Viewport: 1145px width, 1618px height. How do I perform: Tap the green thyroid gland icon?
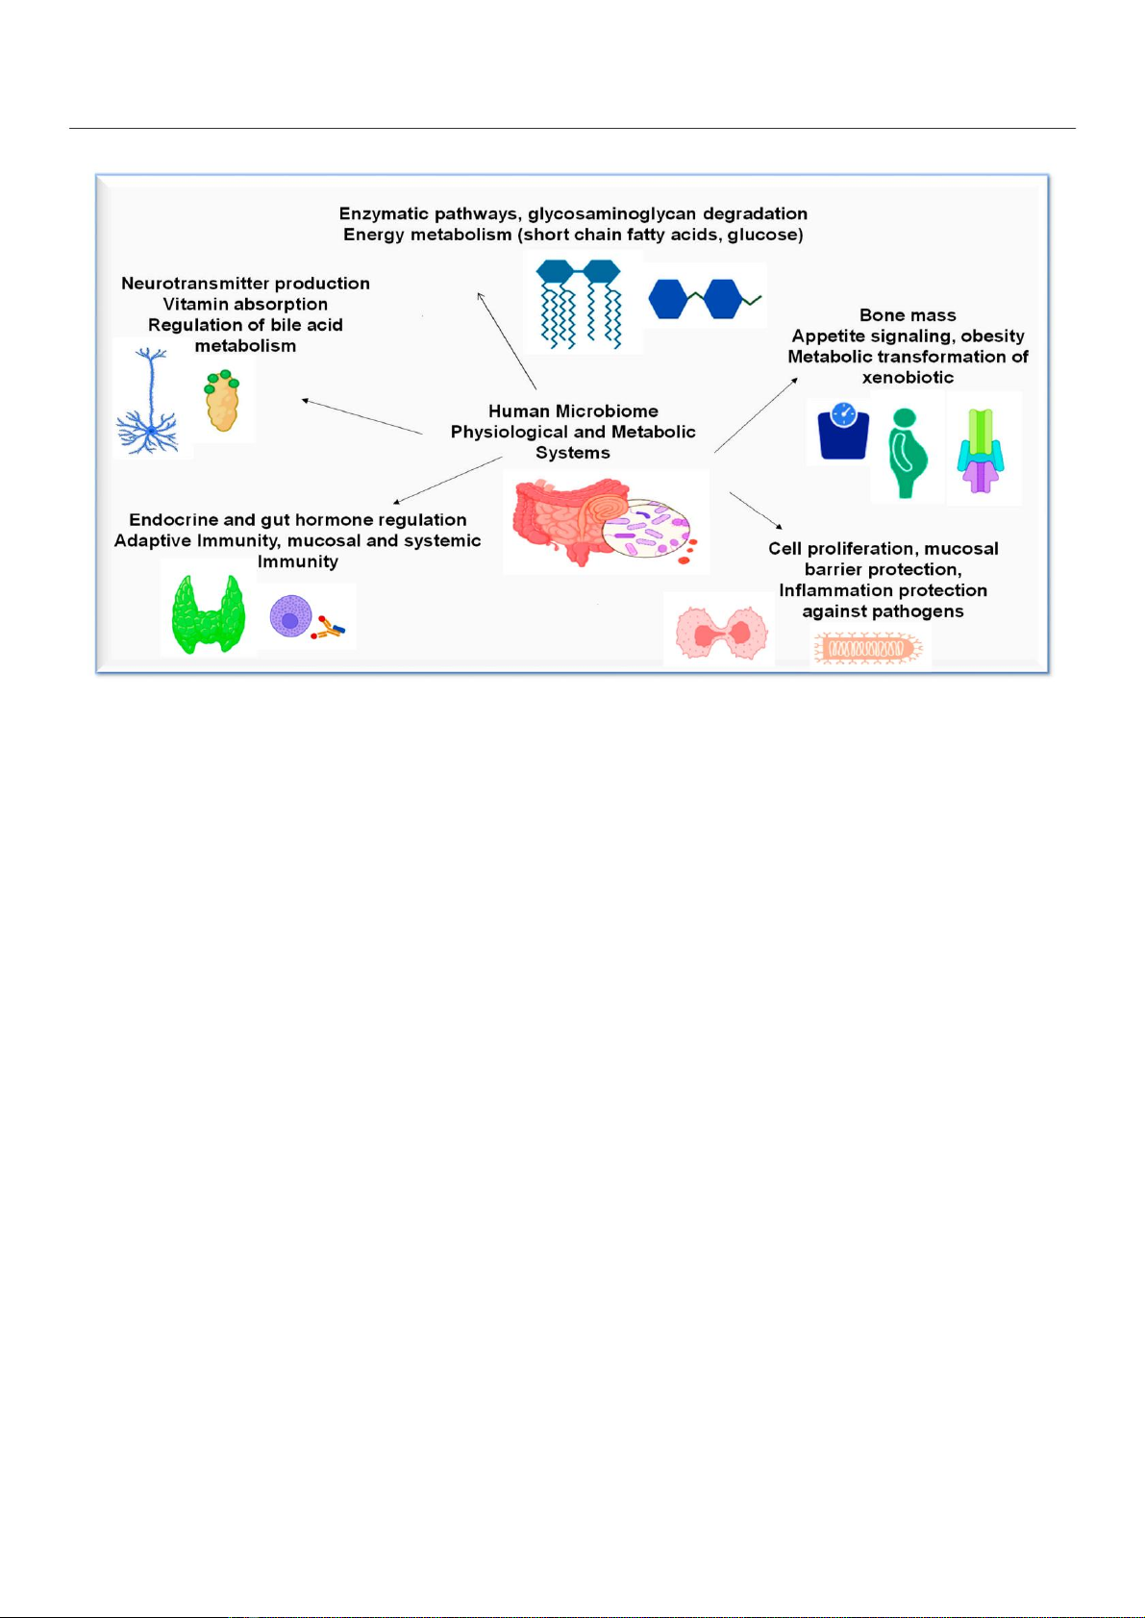[x=208, y=614]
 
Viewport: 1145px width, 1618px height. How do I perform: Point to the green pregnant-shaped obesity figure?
[x=906, y=453]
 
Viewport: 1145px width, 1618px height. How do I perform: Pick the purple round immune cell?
[x=290, y=616]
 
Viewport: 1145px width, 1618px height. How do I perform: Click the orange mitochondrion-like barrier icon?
[x=868, y=648]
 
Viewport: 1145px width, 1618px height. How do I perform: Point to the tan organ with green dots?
[x=222, y=401]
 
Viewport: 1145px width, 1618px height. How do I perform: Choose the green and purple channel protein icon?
[x=981, y=451]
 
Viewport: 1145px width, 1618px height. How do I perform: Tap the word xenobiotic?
[x=908, y=377]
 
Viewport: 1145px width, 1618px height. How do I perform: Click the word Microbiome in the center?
[x=614, y=411]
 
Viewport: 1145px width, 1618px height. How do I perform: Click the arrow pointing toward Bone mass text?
[x=756, y=414]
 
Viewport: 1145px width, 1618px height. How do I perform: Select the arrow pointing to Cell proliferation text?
[x=756, y=510]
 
